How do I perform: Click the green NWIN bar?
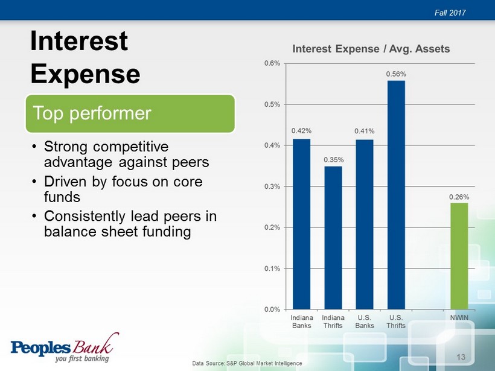pyautogui.click(x=459, y=256)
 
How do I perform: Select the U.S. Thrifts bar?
pyautogui.click(x=396, y=195)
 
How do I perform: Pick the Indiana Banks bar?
pyautogui.click(x=301, y=224)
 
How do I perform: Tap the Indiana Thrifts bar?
pyautogui.click(x=333, y=238)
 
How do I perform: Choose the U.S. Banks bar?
pyautogui.click(x=365, y=224)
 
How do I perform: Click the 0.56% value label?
pyautogui.click(x=396, y=74)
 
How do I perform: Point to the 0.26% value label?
pyautogui.click(x=459, y=197)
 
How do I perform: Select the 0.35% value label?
pyautogui.click(x=334, y=160)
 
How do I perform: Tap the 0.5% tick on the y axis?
pyautogui.click(x=272, y=104)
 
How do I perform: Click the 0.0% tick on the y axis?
pyautogui.click(x=272, y=309)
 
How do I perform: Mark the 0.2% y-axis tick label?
pyautogui.click(x=272, y=227)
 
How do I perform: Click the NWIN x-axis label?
pyautogui.click(x=459, y=318)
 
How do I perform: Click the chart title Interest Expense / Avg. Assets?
pyautogui.click(x=371, y=49)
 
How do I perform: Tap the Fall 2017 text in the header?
pyautogui.click(x=450, y=13)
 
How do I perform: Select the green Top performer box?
pyautogui.click(x=130, y=113)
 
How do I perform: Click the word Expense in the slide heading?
pyautogui.click(x=85, y=74)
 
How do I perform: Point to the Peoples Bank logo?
pyautogui.click(x=65, y=347)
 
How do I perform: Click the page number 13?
pyautogui.click(x=461, y=357)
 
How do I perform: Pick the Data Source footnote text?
pyautogui.click(x=247, y=363)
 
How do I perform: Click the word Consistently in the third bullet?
pyautogui.click(x=85, y=217)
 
